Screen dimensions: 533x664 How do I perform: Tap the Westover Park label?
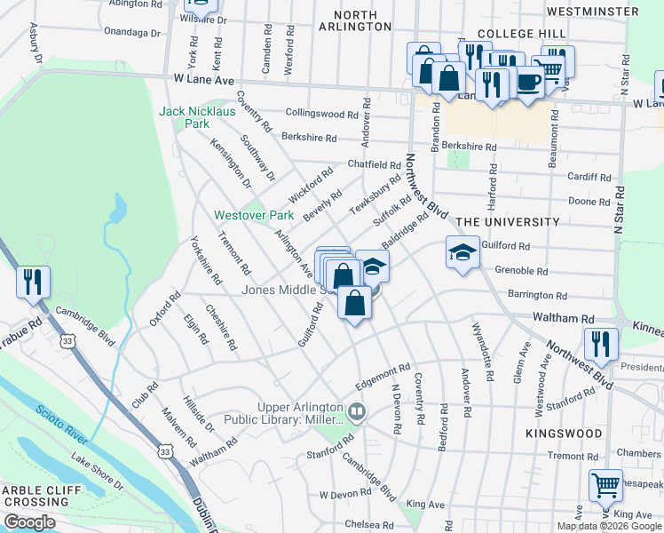tap(254, 216)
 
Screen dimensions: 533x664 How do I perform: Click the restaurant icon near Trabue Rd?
tap(33, 282)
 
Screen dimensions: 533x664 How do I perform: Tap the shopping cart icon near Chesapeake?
tap(605, 485)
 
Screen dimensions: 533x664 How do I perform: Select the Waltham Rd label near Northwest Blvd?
tap(563, 317)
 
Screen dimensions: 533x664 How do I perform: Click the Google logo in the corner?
tap(29, 522)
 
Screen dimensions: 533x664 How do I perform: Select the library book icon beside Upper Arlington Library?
tap(357, 411)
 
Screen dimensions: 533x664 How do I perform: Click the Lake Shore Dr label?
tap(97, 473)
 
